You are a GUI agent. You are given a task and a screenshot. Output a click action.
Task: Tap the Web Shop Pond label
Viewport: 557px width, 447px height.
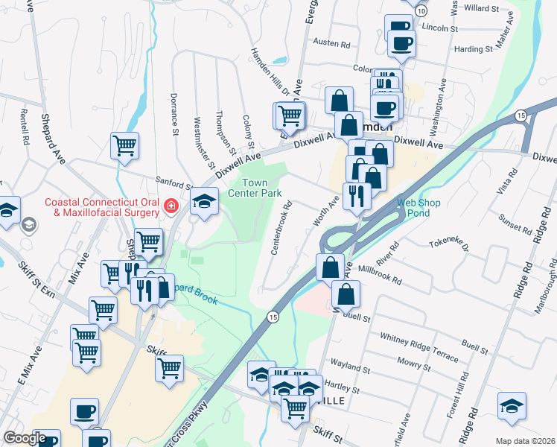[418, 207]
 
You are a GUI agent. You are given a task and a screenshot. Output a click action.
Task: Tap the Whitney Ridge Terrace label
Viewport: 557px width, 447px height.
[418, 347]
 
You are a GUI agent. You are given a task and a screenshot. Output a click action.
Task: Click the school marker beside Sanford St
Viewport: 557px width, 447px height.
[204, 200]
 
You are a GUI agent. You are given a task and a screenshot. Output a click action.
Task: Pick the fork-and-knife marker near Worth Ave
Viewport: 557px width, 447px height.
[356, 196]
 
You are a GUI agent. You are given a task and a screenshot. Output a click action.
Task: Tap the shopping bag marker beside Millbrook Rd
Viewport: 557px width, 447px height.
[330, 266]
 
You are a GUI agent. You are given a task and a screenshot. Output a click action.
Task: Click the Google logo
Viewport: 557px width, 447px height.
[25, 438]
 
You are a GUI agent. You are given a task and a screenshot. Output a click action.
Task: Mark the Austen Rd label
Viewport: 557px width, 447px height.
[331, 44]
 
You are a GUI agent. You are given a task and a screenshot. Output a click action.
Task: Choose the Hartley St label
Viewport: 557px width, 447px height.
[344, 390]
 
